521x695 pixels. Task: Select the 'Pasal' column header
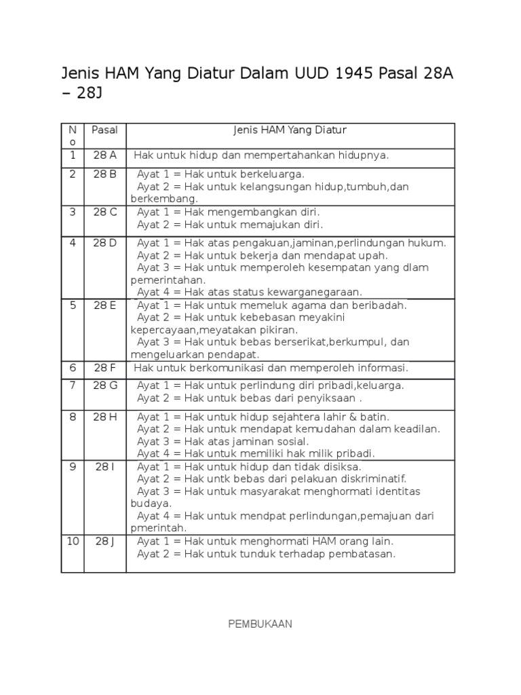(x=105, y=130)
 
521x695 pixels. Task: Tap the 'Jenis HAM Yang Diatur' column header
(x=290, y=130)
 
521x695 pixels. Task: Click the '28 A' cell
(x=105, y=155)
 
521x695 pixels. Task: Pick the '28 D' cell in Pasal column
(x=105, y=243)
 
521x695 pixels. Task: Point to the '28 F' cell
(x=105, y=368)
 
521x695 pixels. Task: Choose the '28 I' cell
(x=105, y=467)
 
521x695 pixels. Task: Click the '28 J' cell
(x=105, y=542)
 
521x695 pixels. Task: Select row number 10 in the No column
(x=73, y=542)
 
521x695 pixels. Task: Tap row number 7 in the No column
(x=73, y=386)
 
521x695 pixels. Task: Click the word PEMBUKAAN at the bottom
(x=260, y=624)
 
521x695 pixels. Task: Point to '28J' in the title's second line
(x=89, y=94)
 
